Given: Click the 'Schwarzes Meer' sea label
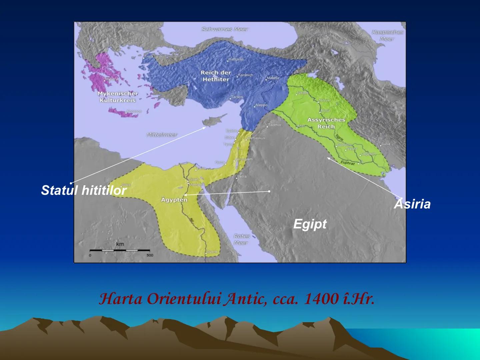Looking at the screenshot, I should [x=225, y=29].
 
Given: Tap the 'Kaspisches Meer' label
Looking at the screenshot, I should [x=387, y=35].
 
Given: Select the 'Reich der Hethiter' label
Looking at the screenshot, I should [x=216, y=76].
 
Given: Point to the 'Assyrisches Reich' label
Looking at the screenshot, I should [x=326, y=123].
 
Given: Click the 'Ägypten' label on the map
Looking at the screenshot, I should [x=174, y=200].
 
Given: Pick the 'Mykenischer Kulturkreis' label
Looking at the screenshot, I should [x=118, y=97].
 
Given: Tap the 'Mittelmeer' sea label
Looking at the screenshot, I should [x=162, y=135].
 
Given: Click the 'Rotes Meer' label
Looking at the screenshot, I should [x=241, y=239].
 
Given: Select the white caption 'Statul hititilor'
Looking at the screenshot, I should [x=84, y=190].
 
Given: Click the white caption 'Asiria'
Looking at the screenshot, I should [x=412, y=204].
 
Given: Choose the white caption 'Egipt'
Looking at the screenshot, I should [x=310, y=224].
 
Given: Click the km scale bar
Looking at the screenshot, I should [x=120, y=250].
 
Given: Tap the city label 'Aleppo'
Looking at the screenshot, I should [x=261, y=105].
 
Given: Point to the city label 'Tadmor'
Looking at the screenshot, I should [x=275, y=125].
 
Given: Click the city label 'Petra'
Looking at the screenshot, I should [x=242, y=176].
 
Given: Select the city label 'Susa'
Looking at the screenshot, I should [x=386, y=144].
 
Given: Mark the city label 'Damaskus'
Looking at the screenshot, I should [x=256, y=138].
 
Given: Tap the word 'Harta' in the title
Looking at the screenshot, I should [x=121, y=299].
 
